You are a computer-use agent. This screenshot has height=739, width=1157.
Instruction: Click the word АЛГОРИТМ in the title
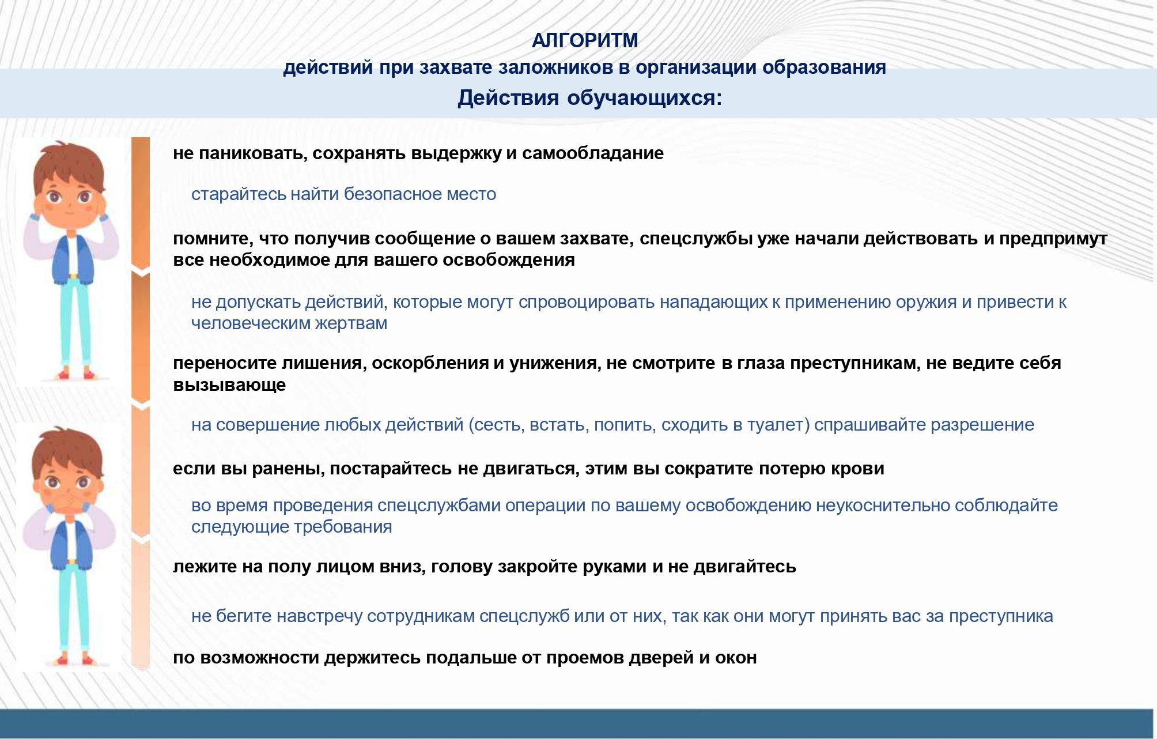tap(585, 40)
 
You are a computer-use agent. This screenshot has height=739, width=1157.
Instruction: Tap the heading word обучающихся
tap(644, 98)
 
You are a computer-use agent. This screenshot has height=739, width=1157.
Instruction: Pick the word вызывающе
tap(229, 385)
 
